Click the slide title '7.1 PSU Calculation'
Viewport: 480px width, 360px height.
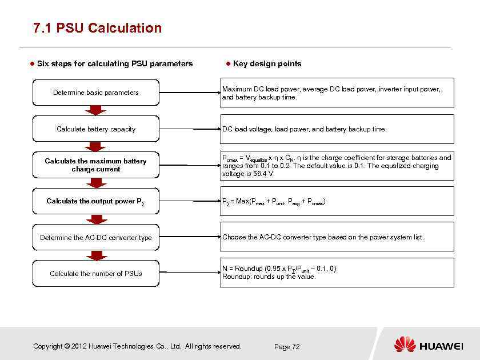(97, 28)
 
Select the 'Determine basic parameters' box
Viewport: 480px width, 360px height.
(96, 93)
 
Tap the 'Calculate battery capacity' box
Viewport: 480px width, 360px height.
(96, 129)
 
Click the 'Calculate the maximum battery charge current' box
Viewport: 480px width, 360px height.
(96, 165)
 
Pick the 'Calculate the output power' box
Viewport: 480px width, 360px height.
(96, 201)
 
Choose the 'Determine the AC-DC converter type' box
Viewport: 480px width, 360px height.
(96, 238)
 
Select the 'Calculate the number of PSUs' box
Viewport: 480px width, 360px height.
(96, 274)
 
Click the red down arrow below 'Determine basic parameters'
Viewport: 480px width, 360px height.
(96, 110)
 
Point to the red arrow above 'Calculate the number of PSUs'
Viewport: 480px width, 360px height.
(96, 255)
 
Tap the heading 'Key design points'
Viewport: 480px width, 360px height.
(267, 63)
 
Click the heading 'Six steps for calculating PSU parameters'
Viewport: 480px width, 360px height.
(115, 63)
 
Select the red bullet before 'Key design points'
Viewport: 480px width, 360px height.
(227, 63)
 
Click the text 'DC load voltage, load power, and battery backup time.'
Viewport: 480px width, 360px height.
(304, 129)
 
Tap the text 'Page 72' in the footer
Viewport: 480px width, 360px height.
(287, 347)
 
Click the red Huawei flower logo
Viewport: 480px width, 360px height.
(405, 345)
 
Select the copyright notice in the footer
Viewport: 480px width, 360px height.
(137, 346)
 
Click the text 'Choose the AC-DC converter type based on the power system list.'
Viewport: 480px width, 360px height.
(323, 237)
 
